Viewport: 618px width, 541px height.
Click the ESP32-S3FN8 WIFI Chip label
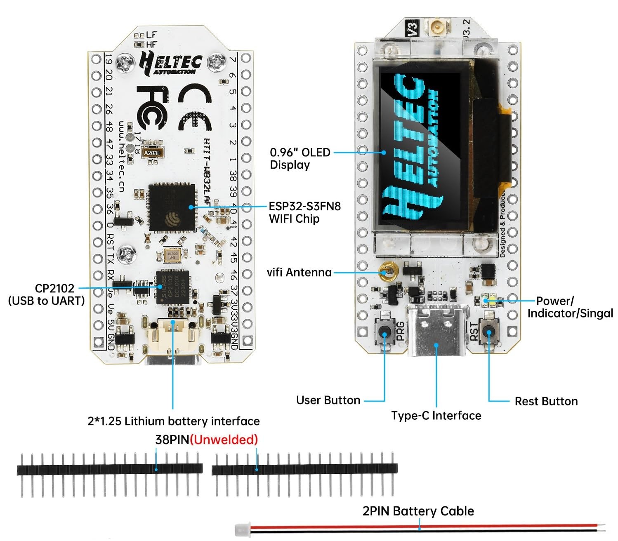pyautogui.click(x=304, y=212)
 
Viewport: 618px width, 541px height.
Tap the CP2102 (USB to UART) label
pyautogui.click(x=47, y=294)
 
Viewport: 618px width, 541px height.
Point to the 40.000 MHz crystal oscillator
pyautogui.click(x=172, y=255)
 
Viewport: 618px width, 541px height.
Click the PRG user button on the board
pyautogui.click(x=384, y=332)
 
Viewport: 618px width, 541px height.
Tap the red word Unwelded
pyautogui.click(x=224, y=440)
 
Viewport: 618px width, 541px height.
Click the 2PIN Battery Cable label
pyautogui.click(x=418, y=511)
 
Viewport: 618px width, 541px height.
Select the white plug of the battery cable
pyautogui.click(x=241, y=529)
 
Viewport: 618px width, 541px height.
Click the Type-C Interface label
pyautogui.click(x=436, y=415)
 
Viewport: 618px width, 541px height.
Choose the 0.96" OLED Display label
pyautogui.click(x=300, y=158)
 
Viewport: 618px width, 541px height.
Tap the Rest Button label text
pyautogui.click(x=546, y=401)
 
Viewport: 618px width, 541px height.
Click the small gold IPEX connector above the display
pyautogui.click(x=436, y=28)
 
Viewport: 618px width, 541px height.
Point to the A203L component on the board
pyautogui.click(x=151, y=153)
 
